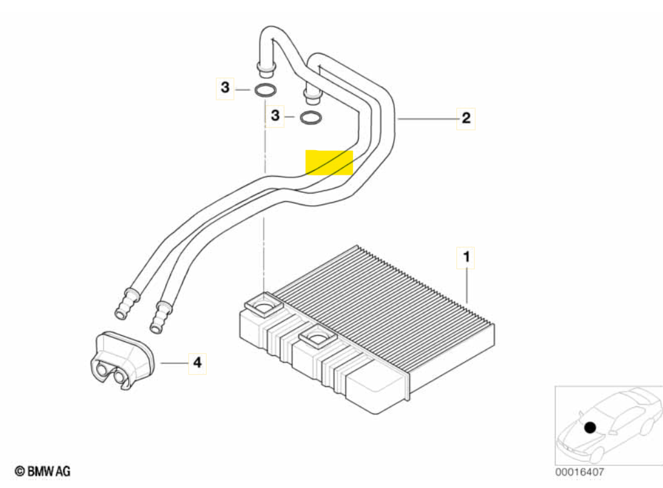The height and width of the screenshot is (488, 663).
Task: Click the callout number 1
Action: [466, 257]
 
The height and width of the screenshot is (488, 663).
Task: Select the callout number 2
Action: [466, 118]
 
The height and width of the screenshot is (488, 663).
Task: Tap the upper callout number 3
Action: [225, 88]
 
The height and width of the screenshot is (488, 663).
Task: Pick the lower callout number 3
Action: [275, 115]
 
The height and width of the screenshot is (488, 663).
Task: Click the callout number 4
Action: [197, 362]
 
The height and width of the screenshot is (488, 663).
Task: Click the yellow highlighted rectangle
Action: [330, 162]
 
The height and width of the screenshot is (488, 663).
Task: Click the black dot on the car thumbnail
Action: [590, 428]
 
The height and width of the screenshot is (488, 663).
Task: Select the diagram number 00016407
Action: [579, 472]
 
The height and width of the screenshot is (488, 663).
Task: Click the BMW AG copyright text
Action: [43, 471]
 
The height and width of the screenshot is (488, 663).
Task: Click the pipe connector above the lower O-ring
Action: [311, 96]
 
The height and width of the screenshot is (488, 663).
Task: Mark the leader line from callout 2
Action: [427, 119]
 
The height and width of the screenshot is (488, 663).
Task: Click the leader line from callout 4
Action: [174, 363]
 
